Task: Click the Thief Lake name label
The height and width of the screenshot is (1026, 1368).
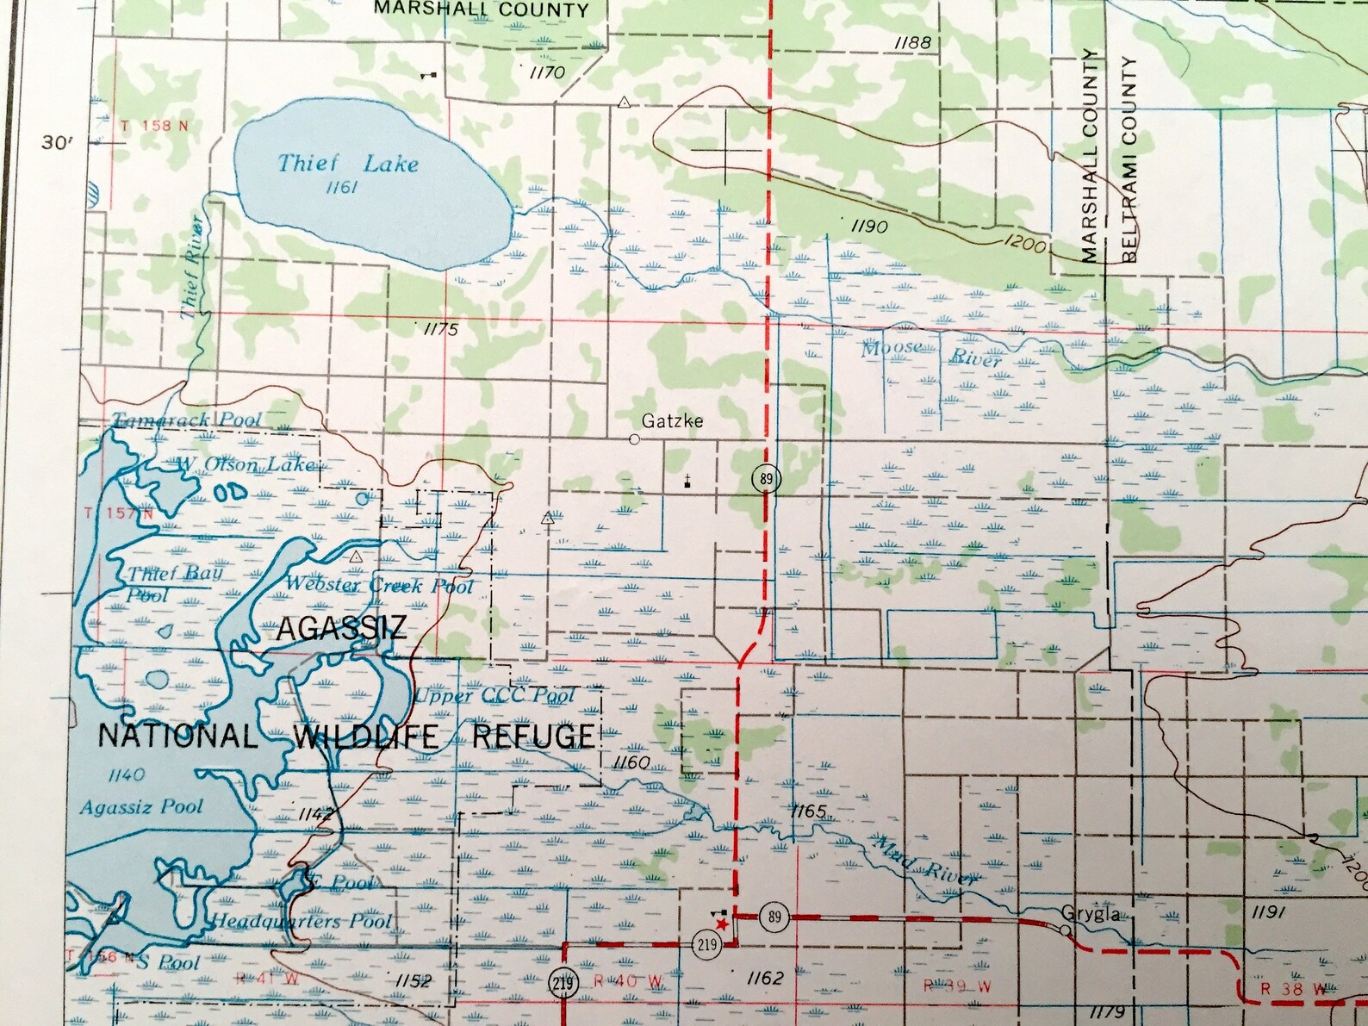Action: (x=347, y=164)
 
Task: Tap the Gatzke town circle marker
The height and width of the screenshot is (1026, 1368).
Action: (x=635, y=439)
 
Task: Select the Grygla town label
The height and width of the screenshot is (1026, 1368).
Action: (x=1091, y=914)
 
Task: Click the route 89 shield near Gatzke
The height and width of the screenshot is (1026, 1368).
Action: (x=766, y=479)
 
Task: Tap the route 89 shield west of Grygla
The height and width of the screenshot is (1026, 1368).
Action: (x=774, y=917)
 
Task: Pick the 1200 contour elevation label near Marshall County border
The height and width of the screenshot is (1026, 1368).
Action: (x=1025, y=243)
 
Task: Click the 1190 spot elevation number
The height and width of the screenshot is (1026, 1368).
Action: (x=868, y=226)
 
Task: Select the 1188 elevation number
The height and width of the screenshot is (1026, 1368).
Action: (x=912, y=41)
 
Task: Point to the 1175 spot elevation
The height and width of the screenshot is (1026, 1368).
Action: (x=441, y=329)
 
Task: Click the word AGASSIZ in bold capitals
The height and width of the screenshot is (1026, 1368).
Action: (x=341, y=628)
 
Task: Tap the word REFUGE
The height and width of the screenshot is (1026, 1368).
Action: (x=533, y=737)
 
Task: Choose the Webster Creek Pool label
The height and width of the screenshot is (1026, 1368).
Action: (x=379, y=585)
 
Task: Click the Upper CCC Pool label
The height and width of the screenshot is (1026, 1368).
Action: (x=494, y=695)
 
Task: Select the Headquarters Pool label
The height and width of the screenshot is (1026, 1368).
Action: (x=301, y=921)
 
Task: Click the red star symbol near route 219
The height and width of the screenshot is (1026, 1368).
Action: (x=722, y=924)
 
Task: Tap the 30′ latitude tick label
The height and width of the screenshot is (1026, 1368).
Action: (x=55, y=142)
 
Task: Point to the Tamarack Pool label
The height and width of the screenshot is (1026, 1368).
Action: (x=187, y=420)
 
